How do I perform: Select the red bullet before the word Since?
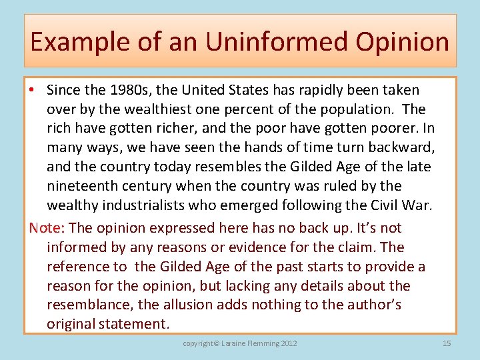(x=33, y=90)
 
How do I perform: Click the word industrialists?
(x=151, y=205)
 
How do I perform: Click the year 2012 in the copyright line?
(x=288, y=343)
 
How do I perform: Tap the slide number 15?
(x=446, y=343)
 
